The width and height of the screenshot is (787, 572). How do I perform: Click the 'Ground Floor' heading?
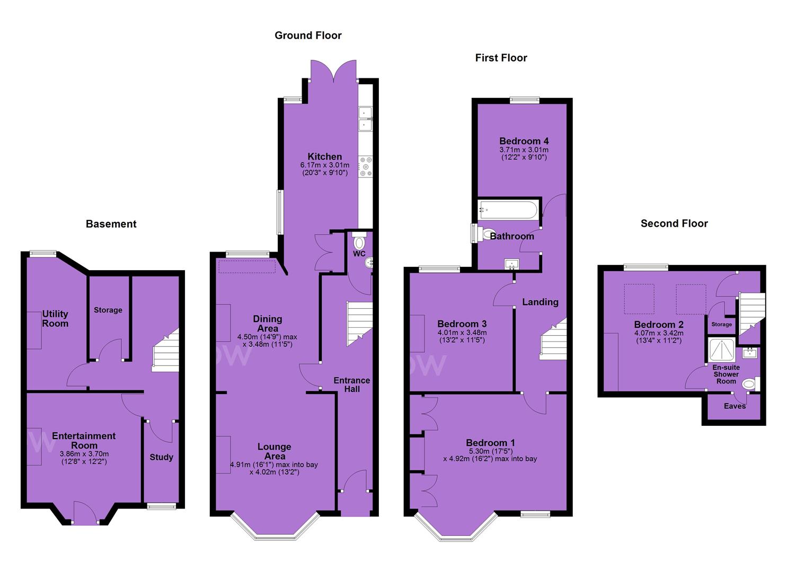click(x=308, y=35)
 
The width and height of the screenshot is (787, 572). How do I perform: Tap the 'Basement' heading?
click(x=111, y=224)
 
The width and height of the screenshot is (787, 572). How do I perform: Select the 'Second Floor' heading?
click(x=674, y=224)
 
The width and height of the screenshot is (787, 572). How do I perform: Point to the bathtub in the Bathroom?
click(x=508, y=210)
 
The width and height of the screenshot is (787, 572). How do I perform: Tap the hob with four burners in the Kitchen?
click(x=365, y=167)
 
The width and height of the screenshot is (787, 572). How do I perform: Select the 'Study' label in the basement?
click(x=161, y=457)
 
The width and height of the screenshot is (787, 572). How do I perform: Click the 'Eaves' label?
click(x=735, y=406)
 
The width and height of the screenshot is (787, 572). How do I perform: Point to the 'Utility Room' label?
click(x=55, y=319)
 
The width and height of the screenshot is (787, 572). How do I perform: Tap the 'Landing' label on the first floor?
click(x=540, y=302)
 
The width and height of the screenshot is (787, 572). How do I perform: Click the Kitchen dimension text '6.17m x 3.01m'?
click(x=325, y=165)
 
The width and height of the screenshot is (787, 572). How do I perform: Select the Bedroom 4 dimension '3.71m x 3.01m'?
click(x=524, y=150)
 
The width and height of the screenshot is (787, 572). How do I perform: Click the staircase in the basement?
click(x=166, y=350)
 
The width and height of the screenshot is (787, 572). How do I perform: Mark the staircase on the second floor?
click(x=752, y=314)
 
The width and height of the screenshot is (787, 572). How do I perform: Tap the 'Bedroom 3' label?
click(x=462, y=324)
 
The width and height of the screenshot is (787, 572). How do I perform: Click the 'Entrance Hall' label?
click(x=352, y=385)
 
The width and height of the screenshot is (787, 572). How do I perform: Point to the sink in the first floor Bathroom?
click(x=511, y=263)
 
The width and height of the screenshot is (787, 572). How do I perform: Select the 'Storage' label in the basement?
click(x=108, y=310)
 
